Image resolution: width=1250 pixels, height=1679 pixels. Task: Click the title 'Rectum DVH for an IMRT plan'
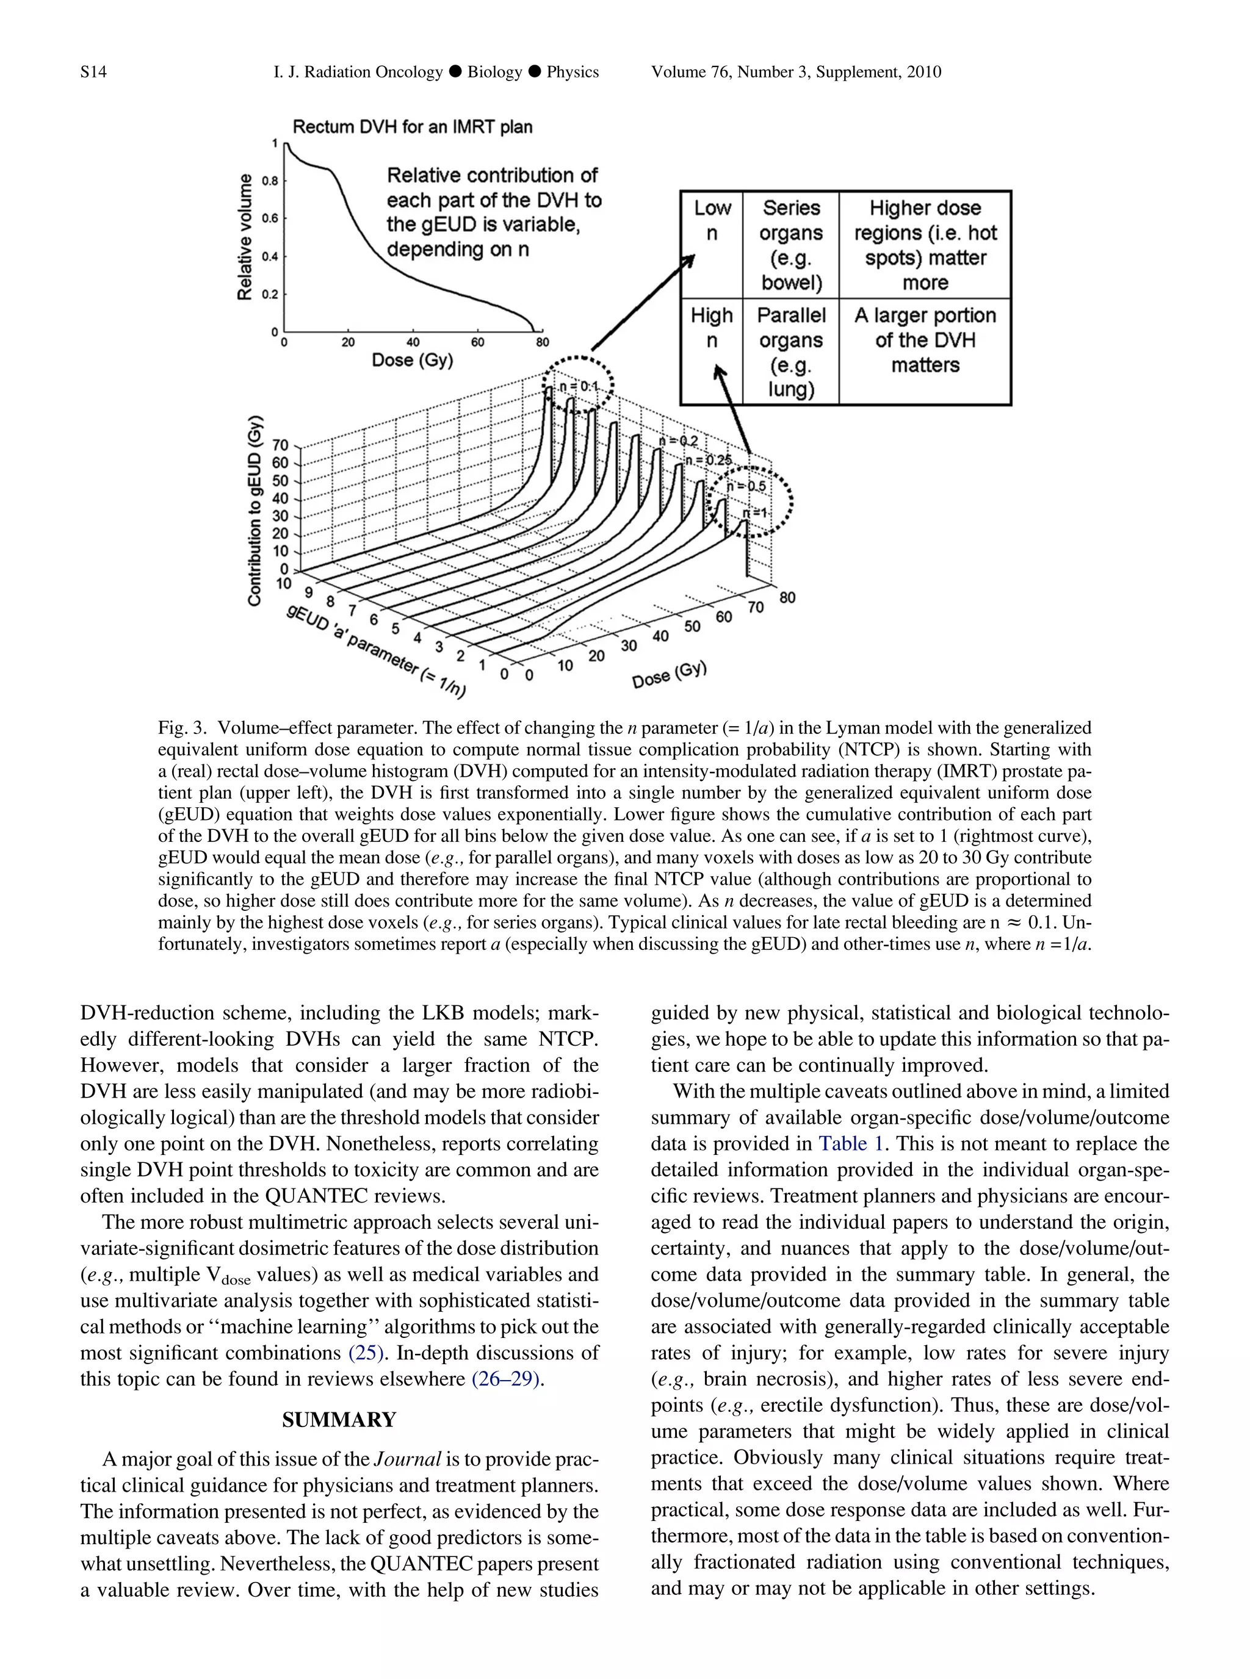[x=413, y=126]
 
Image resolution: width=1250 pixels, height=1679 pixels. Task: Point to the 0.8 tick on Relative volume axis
[x=269, y=182]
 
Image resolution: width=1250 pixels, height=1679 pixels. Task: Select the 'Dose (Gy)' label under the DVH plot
[x=413, y=360]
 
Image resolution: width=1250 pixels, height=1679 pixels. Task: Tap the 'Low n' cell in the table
[x=712, y=220]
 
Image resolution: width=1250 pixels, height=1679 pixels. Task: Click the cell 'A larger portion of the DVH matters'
[x=925, y=340]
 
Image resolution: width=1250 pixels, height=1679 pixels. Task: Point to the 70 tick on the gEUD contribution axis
[x=281, y=445]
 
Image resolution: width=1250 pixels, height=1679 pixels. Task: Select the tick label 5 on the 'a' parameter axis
[x=395, y=628]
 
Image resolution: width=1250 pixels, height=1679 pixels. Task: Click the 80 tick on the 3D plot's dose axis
[x=787, y=597]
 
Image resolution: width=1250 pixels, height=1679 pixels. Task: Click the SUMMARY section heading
[x=339, y=1420]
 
